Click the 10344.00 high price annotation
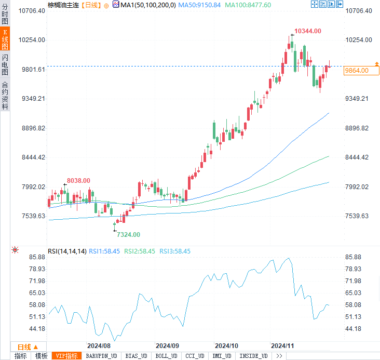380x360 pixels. (x=307, y=31)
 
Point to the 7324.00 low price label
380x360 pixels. (x=128, y=235)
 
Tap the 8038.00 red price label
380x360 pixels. (x=78, y=181)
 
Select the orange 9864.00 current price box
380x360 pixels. (x=356, y=71)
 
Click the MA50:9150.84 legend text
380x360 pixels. (x=199, y=5)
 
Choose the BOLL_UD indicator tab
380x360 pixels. (x=166, y=356)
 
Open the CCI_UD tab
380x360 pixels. (x=195, y=356)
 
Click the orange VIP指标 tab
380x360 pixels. (x=66, y=356)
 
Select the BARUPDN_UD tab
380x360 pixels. (x=102, y=356)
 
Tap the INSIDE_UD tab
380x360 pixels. (x=254, y=356)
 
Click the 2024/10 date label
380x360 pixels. (x=226, y=345)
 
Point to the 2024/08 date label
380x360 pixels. (x=99, y=345)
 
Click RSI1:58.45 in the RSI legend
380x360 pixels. (x=104, y=251)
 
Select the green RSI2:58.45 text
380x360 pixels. (x=140, y=251)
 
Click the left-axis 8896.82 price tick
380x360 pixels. (x=33, y=128)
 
